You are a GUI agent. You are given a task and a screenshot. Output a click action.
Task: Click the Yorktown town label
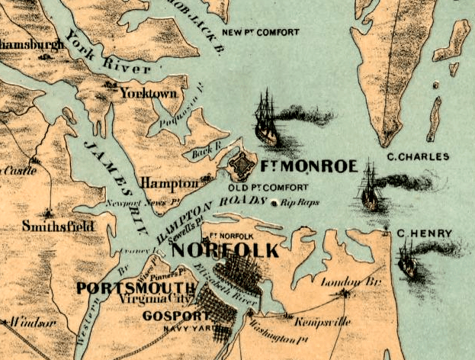[x=152, y=93]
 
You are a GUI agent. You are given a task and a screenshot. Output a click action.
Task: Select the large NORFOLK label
[x=225, y=251]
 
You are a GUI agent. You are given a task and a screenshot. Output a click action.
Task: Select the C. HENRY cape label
[x=424, y=233]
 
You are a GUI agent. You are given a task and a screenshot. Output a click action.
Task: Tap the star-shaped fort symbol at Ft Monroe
[x=243, y=163]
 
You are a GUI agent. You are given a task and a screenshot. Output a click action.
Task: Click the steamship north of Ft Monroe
[x=267, y=118]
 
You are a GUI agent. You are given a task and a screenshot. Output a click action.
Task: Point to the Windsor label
[x=24, y=323]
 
